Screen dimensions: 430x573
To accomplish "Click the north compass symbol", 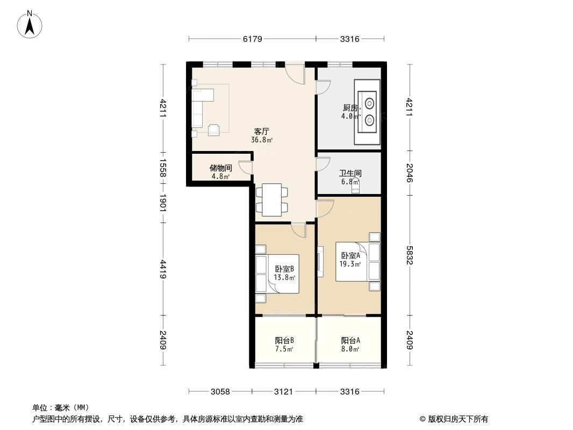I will (x=30, y=24).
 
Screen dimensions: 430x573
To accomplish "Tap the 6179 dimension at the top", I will (x=252, y=39).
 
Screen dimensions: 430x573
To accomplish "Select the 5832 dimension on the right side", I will (x=410, y=255).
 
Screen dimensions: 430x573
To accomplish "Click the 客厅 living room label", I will (x=262, y=132).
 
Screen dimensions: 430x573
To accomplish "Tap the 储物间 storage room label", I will (x=220, y=168).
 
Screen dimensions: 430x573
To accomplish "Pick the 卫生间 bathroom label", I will (x=350, y=174).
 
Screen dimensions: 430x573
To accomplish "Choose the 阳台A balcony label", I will (x=350, y=340).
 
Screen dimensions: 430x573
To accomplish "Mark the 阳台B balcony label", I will (x=284, y=340).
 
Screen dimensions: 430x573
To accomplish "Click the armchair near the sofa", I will (x=213, y=129).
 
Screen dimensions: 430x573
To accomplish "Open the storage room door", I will (x=245, y=167).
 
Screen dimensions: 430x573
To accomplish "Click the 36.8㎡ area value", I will (x=262, y=140).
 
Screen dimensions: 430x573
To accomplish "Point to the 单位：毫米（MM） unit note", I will (x=61, y=407).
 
